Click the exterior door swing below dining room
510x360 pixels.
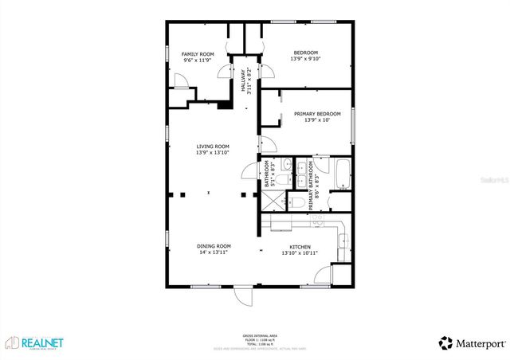(243, 295)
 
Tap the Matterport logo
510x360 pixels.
(471, 343)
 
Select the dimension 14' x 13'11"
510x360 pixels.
(213, 252)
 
